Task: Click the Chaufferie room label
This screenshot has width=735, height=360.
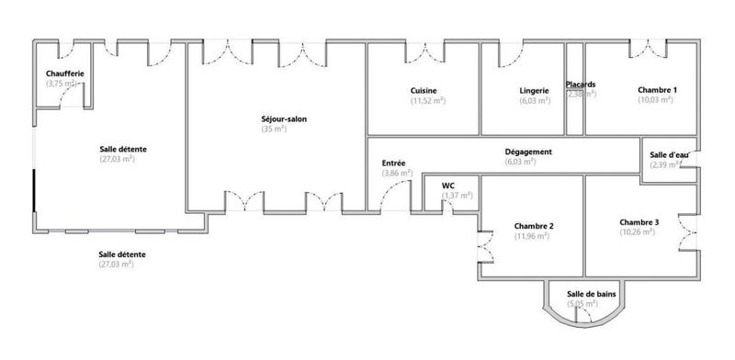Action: point(65,73)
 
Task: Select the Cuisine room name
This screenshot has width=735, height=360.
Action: point(424,90)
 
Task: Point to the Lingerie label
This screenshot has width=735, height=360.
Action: point(534,90)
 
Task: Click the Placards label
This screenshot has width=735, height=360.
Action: point(581,84)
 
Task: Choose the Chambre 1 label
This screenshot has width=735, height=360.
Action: point(657,90)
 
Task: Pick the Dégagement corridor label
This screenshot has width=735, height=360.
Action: point(528,152)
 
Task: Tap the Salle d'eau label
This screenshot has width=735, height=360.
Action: point(668,154)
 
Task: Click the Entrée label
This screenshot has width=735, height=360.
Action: point(393,163)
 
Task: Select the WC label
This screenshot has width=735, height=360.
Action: point(448,184)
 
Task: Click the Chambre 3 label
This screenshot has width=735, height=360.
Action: point(639,222)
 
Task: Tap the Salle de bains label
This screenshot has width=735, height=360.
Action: point(592,292)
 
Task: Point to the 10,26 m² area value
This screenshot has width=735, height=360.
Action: point(638,232)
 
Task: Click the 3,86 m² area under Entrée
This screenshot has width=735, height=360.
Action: point(397,173)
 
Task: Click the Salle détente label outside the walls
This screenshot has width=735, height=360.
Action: point(123,254)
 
